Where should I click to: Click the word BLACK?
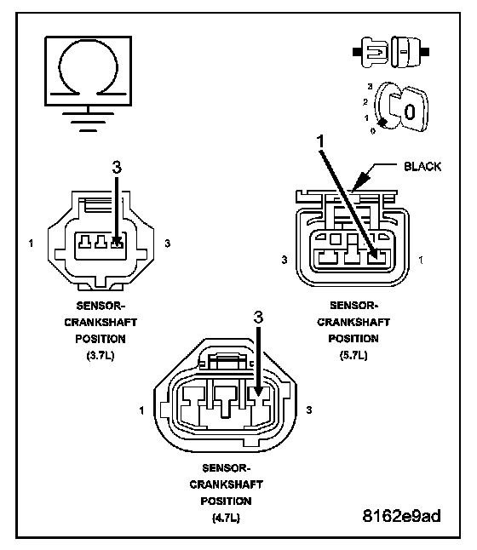coord(422,166)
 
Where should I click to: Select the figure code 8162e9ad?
coord(401,516)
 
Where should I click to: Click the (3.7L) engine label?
coord(101,356)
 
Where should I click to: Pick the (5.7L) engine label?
coord(353,355)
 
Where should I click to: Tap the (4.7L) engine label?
coord(226,518)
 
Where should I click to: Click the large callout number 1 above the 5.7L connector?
coord(320,141)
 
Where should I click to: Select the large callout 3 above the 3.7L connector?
coord(117,168)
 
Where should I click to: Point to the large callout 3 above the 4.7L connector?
coord(258,318)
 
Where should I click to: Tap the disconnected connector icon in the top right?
coord(391,52)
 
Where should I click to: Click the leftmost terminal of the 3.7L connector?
coord(84,242)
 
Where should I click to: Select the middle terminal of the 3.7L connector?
coord(101,242)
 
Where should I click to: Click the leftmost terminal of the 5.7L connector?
coord(328,257)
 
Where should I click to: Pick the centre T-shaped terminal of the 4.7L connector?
coord(227,402)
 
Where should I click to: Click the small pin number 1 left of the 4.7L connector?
coord(141,410)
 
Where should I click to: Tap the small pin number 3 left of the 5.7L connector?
coord(284,260)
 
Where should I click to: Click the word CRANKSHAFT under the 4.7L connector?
coord(226,484)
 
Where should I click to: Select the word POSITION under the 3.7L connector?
coord(101,339)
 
